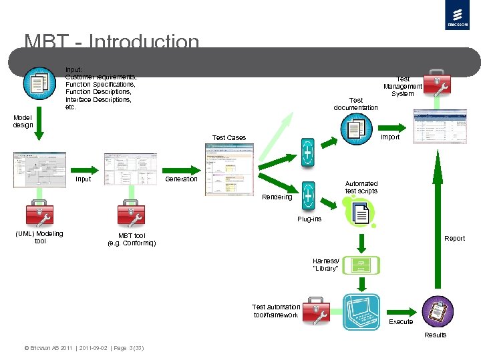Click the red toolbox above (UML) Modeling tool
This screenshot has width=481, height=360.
(x=39, y=213)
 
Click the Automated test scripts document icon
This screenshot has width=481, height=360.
(x=361, y=212)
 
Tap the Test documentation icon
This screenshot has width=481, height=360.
(x=355, y=128)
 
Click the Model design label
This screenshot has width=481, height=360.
(x=23, y=121)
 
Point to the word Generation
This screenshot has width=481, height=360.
(x=181, y=179)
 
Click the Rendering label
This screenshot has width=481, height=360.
(x=277, y=197)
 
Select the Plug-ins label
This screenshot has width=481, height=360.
(x=309, y=219)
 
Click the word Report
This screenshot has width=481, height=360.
(x=454, y=238)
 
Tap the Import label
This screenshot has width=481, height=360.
(x=389, y=137)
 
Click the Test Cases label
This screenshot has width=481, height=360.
(x=228, y=137)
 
